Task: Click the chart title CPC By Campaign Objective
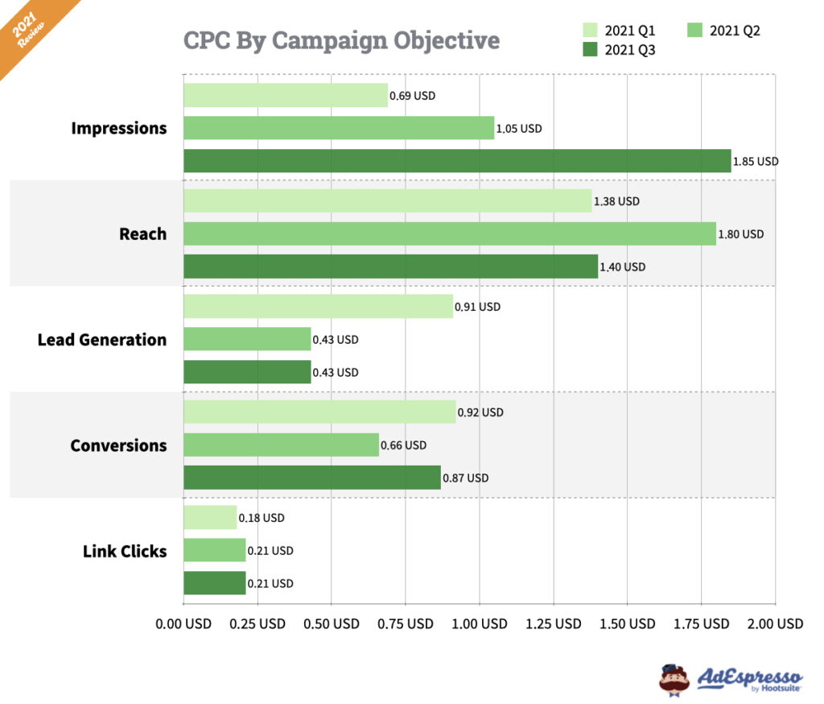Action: [341, 40]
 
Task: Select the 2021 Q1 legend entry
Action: [619, 31]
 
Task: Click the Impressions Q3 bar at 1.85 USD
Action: [457, 161]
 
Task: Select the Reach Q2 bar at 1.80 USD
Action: [449, 234]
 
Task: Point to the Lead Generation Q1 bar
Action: [318, 306]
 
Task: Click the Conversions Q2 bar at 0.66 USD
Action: [281, 445]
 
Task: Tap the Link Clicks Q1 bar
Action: [210, 518]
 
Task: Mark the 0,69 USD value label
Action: [412, 96]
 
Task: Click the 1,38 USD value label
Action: [616, 201]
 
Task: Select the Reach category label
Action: [142, 234]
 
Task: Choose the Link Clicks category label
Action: [125, 552]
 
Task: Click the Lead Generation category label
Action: [102, 340]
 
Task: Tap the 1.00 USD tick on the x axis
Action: [480, 623]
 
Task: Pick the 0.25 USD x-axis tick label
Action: [257, 623]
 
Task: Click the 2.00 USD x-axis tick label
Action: [775, 623]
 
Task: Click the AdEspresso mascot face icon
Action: [674, 678]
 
